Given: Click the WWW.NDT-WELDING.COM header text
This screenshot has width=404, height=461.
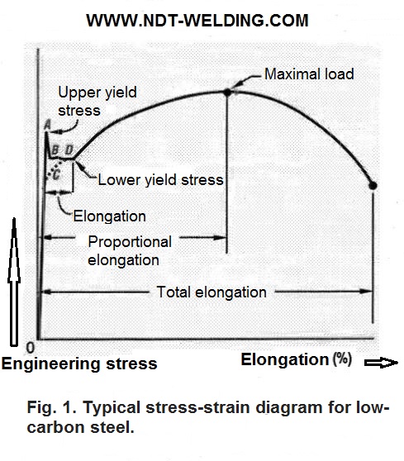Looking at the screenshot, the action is click(197, 21).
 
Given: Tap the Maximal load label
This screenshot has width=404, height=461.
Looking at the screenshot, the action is click(309, 74).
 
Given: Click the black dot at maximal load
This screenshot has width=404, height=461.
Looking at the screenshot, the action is click(227, 93).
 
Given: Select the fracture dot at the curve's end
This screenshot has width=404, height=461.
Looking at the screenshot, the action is click(373, 186).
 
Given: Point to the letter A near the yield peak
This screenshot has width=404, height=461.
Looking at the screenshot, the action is click(47, 125).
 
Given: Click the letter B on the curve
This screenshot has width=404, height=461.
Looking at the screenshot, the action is click(55, 150).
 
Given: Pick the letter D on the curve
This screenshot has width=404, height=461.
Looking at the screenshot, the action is click(69, 150).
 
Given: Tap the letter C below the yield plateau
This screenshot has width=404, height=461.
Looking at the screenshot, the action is click(56, 174).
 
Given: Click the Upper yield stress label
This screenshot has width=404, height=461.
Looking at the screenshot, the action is click(97, 102).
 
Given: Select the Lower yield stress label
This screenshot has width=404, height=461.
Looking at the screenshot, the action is click(160, 179).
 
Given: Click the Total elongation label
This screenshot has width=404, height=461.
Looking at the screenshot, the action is click(212, 292).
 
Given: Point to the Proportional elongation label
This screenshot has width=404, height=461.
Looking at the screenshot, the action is click(130, 251).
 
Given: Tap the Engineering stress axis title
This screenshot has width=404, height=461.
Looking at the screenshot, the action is click(79, 364).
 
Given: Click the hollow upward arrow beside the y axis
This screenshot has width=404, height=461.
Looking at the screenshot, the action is click(14, 282).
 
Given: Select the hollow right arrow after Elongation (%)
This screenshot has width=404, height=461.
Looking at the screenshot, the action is click(381, 363).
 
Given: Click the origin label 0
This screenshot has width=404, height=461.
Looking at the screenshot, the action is click(31, 348).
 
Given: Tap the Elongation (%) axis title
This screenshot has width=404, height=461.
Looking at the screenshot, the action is click(297, 359).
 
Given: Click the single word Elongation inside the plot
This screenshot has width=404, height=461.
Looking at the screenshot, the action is click(109, 216).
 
